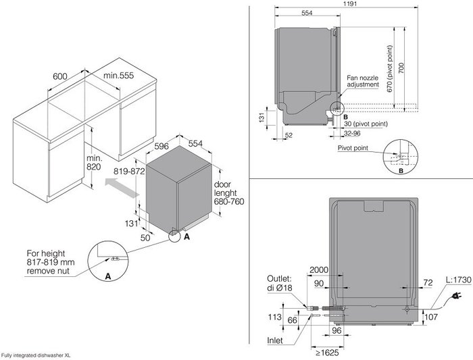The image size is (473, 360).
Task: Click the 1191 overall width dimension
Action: point(350,3)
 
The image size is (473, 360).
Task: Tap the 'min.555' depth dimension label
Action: point(118,76)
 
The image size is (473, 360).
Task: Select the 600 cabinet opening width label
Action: point(60,76)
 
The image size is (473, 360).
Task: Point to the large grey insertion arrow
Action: point(122,188)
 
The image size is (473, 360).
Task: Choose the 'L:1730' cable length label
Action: point(458,280)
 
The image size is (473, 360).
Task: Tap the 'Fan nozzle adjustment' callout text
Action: point(363,82)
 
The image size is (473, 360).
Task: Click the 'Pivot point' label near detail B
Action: point(353,148)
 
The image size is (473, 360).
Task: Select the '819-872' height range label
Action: point(129,172)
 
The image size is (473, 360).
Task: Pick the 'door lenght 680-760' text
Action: point(229,193)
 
